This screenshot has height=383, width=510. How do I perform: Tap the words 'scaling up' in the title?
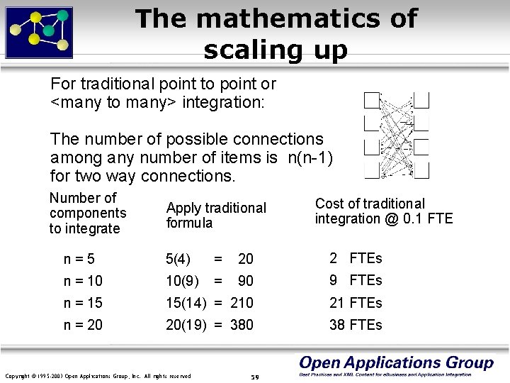276,50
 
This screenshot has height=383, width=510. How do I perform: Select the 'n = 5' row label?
79,259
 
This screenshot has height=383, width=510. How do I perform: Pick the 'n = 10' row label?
83,281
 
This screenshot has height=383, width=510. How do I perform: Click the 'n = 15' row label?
83,303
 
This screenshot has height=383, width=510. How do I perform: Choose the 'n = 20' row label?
83,325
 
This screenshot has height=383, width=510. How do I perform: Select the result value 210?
242,303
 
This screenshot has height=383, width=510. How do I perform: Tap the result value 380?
242,325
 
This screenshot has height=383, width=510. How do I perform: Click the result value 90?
245,281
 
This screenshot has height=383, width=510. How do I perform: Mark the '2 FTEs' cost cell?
355,258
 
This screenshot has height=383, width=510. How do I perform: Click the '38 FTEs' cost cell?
355,325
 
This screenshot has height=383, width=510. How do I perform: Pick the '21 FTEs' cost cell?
355,303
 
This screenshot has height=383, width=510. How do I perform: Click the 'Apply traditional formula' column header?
216,215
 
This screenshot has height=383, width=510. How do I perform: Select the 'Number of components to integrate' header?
88,213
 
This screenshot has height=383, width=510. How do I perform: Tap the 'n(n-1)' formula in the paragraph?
310,157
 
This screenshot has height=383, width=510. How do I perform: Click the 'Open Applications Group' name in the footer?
396,363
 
